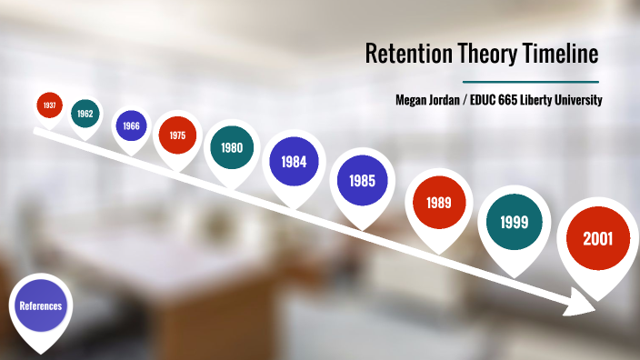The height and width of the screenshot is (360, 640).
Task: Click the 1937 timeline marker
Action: (x=49, y=105)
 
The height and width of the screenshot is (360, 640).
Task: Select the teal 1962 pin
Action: (x=85, y=114)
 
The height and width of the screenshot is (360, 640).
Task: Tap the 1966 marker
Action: (x=131, y=125)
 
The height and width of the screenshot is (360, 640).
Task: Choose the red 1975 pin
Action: (x=177, y=135)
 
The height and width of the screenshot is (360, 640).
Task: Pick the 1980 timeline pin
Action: (x=232, y=148)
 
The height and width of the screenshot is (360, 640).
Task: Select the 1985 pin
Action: (x=362, y=180)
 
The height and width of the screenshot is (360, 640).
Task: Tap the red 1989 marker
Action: (x=442, y=202)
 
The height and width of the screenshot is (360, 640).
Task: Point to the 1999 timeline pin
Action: (x=515, y=222)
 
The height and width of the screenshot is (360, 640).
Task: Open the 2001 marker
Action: (x=597, y=240)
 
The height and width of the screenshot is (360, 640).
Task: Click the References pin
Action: (x=41, y=306)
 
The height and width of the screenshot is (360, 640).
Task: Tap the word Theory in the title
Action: (x=482, y=55)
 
